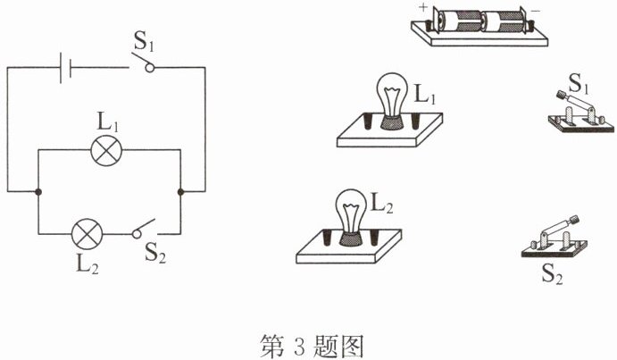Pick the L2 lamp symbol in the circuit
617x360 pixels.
coord(86,235)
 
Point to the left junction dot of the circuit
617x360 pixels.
coord(38,191)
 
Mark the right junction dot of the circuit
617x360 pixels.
coord(181,191)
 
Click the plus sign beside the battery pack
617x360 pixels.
coord(421,7)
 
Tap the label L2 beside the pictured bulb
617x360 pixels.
coord(382,203)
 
